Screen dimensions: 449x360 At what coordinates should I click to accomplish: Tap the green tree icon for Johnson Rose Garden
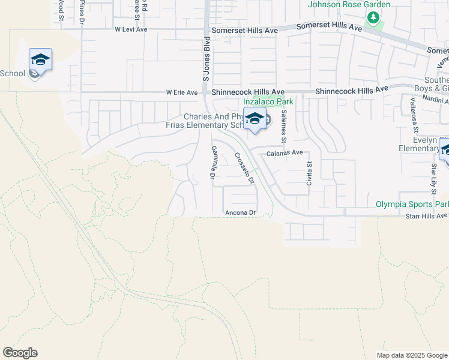(373, 19)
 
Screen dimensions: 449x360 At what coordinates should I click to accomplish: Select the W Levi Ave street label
(131, 29)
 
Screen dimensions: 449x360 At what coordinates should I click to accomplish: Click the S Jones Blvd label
(205, 59)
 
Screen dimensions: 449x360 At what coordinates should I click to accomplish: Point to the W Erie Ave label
(182, 93)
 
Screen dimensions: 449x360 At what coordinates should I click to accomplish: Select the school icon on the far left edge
(40, 59)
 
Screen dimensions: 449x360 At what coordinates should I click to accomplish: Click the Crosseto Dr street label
(244, 167)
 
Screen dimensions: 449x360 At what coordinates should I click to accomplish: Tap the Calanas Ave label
(285, 153)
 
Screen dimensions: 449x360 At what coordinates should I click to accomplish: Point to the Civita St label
(309, 172)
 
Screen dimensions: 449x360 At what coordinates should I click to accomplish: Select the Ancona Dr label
(241, 213)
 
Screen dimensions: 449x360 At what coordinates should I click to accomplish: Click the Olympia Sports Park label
(412, 204)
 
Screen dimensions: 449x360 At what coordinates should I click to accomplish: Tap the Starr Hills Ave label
(427, 215)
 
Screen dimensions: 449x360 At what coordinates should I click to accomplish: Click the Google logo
(20, 353)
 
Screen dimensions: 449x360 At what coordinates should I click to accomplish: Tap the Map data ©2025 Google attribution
(412, 355)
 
